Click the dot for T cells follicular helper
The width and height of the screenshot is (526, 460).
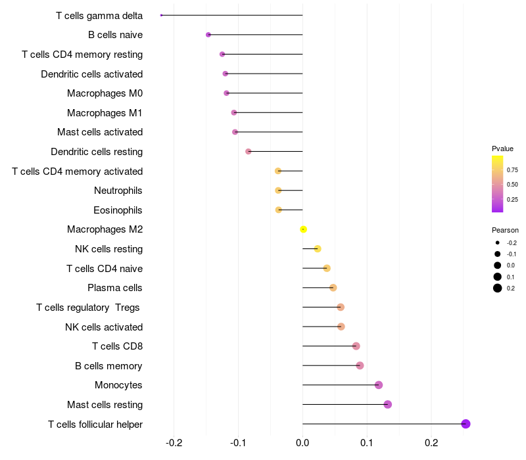pyautogui.click(x=466, y=424)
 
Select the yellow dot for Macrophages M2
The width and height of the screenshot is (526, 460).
pyautogui.click(x=303, y=229)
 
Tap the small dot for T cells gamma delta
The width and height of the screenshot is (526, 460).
pyautogui.click(x=161, y=15)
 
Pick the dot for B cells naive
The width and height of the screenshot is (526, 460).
pyautogui.click(x=208, y=35)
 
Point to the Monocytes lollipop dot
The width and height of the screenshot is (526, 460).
pyautogui.click(x=379, y=385)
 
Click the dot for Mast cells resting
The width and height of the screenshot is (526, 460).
pyautogui.click(x=387, y=404)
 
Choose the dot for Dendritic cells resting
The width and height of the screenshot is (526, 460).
pyautogui.click(x=249, y=152)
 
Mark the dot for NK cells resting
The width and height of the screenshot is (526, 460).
pyautogui.click(x=318, y=249)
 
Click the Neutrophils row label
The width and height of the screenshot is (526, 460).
pyautogui.click(x=118, y=191)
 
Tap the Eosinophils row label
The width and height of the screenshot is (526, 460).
pyautogui.click(x=118, y=210)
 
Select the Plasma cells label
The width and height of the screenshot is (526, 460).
pyautogui.click(x=115, y=288)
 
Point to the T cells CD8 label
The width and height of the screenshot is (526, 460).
pyautogui.click(x=118, y=346)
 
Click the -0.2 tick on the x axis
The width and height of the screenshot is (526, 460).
pyautogui.click(x=174, y=443)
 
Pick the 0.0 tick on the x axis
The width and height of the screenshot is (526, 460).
pyautogui.click(x=302, y=443)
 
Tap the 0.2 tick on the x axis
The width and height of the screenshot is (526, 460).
pyautogui.click(x=431, y=443)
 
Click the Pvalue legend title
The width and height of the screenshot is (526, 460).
pyautogui.click(x=502, y=149)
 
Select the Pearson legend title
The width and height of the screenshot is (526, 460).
pyautogui.click(x=505, y=230)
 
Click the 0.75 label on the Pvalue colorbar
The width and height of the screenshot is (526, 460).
pyautogui.click(x=512, y=170)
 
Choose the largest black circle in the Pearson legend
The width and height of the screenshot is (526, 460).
pyautogui.click(x=498, y=288)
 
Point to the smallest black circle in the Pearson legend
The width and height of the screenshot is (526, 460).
pyautogui.click(x=498, y=242)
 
